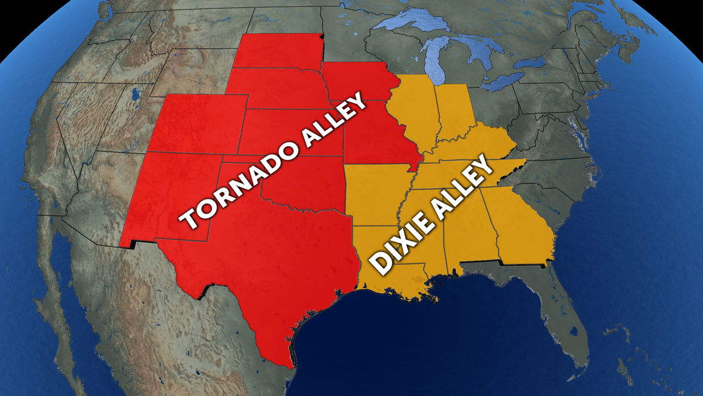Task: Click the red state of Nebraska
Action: (275, 88)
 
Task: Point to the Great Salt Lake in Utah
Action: (136, 94)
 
